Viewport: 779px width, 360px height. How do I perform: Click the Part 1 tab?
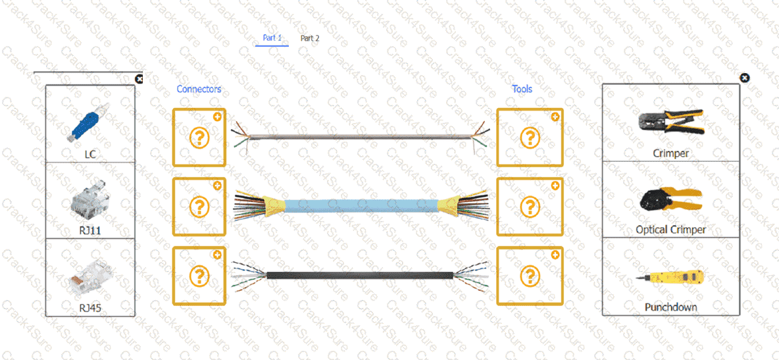click(272, 38)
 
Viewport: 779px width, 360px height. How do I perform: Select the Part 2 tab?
click(310, 38)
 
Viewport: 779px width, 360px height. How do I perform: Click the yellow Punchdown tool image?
click(670, 278)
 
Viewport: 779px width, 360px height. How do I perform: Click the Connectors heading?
click(199, 89)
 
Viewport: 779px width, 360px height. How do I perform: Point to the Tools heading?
click(522, 89)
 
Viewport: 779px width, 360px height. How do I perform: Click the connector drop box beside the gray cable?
click(199, 138)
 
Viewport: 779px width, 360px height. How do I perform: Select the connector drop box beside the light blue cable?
click(199, 207)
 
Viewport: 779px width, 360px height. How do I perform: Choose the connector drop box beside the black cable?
click(199, 276)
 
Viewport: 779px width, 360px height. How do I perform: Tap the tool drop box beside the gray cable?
click(530, 138)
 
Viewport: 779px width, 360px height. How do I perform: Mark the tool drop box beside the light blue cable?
click(530, 207)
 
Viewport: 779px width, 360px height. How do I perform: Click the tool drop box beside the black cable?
click(530, 276)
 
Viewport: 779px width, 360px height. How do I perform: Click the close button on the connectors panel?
click(139, 78)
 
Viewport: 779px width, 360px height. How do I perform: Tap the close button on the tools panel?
click(744, 78)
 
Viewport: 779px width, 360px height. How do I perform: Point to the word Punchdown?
click(670, 307)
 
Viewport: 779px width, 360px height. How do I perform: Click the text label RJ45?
click(90, 307)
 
